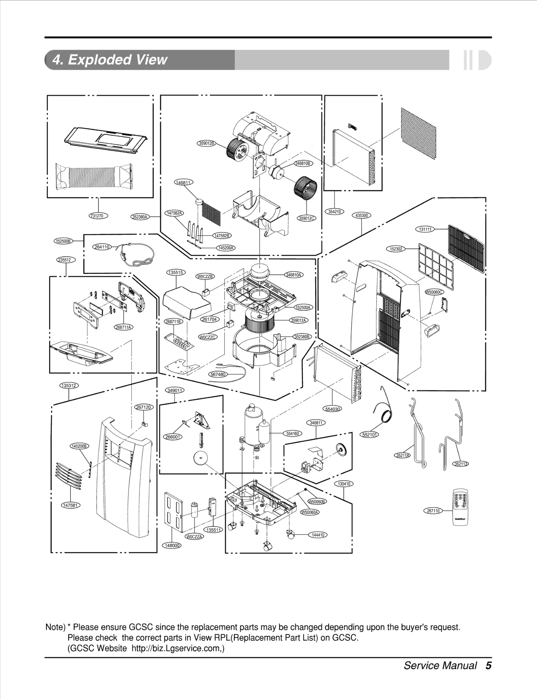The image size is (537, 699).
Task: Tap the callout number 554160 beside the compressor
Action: coord(293,434)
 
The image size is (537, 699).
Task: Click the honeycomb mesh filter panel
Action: coord(419,134)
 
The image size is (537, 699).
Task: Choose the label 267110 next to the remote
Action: coord(433,511)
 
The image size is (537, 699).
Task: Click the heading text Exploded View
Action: coord(110,60)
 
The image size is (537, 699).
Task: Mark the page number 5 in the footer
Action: coord(488,665)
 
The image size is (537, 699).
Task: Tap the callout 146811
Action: coord(184,183)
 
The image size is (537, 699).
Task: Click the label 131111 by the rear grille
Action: coord(425,229)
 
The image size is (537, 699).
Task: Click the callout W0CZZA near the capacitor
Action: coord(194,537)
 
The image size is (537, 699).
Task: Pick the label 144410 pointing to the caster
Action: coord(318,535)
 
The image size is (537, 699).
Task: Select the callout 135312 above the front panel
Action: coord(69,386)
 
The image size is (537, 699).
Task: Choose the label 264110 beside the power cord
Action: coord(102,247)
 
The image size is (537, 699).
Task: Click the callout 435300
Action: coord(361,215)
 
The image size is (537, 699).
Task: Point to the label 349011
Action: coord(175,390)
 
